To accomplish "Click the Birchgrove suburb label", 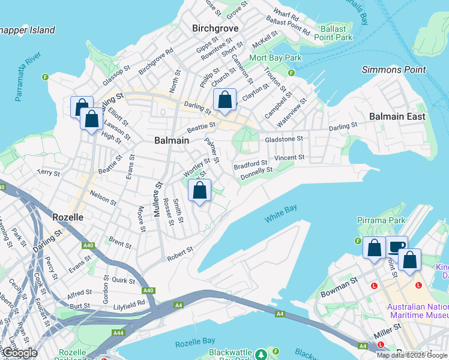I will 215,28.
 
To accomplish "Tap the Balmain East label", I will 397,116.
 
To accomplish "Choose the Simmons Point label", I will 394,70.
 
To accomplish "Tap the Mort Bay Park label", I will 275,58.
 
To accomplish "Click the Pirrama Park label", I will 381,221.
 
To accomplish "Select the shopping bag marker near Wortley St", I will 200,191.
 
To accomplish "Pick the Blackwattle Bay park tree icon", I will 261,353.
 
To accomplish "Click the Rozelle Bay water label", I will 195,341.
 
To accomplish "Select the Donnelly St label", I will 257,173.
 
